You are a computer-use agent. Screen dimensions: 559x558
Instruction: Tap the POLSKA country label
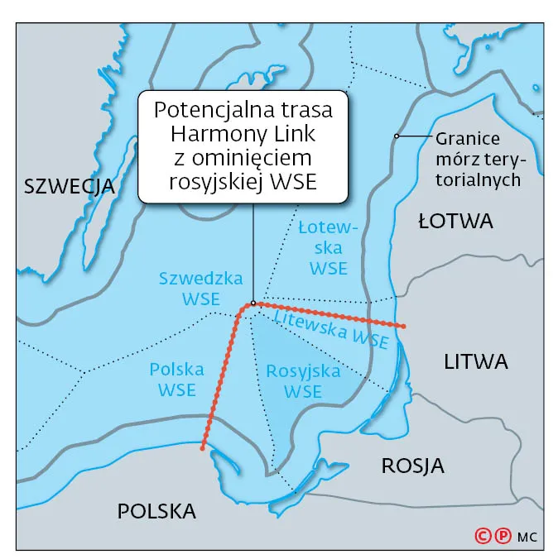pos(156,512)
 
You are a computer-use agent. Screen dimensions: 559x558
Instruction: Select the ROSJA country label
pos(412,466)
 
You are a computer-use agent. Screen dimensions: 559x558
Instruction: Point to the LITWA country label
pos(475,361)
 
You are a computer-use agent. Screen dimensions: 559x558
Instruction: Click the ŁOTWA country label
pos(455,221)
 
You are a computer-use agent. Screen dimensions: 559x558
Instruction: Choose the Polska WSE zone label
pos(178,379)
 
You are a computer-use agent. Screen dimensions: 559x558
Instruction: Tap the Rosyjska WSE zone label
pos(303,381)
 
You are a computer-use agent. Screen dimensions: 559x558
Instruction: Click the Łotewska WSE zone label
pos(328,246)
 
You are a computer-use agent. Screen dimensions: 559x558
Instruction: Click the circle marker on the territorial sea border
pos(397,136)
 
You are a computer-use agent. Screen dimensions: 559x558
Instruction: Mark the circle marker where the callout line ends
pos(253,303)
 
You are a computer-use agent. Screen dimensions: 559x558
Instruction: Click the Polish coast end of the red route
pos(203,449)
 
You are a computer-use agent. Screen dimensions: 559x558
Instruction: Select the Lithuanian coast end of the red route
pos(403,327)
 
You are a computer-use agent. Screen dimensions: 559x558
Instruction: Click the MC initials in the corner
pos(527,537)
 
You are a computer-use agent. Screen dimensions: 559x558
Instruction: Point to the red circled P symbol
pos(502,536)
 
